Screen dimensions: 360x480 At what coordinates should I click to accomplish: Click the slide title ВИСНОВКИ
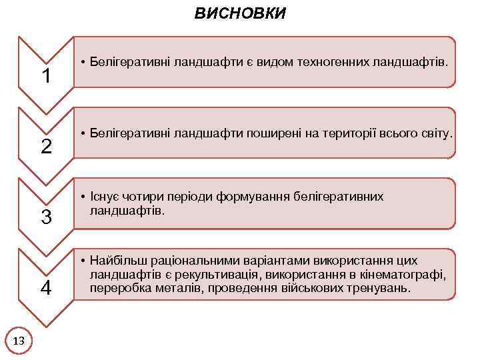click(x=240, y=13)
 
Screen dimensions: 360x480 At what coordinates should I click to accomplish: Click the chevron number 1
click(x=47, y=77)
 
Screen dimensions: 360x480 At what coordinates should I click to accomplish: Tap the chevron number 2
click(x=47, y=147)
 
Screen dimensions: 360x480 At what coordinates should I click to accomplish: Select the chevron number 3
click(x=47, y=217)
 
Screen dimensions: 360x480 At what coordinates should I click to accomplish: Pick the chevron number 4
click(x=47, y=288)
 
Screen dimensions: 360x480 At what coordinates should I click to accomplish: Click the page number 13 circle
click(x=19, y=341)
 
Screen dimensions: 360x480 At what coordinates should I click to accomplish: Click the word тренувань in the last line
click(x=374, y=289)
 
